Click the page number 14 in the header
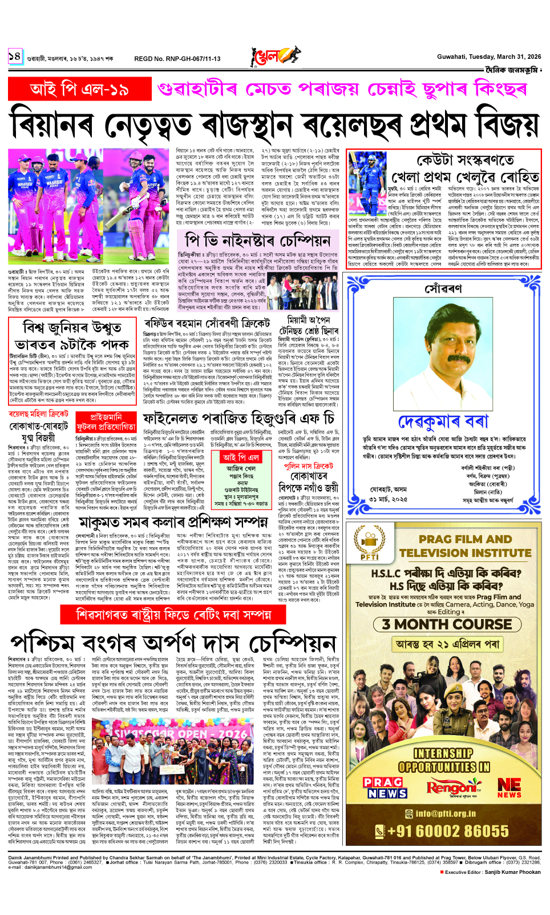coord(15,56)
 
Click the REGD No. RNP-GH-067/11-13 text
coord(177,58)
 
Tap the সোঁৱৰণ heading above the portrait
coord(443,288)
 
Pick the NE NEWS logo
coord(509,788)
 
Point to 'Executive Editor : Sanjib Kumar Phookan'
coord(492,872)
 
